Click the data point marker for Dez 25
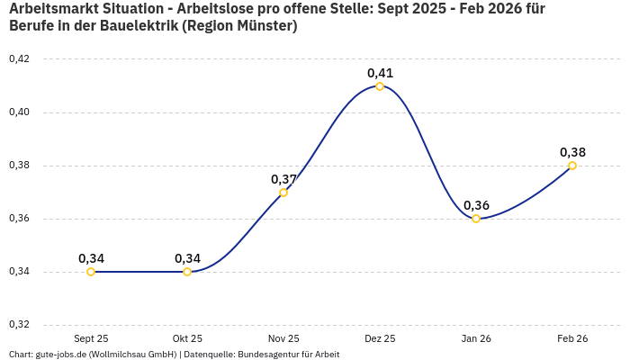(380, 86)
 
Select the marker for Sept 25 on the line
(91, 272)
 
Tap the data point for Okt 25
(187, 272)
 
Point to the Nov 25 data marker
(283, 193)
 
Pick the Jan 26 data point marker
(476, 219)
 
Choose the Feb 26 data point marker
(572, 166)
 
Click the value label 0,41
(380, 73)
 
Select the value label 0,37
(283, 179)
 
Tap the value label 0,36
(476, 205)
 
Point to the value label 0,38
(572, 152)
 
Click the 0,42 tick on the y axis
(19, 59)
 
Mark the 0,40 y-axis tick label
(19, 112)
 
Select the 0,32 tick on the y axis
(19, 325)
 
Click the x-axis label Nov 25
(283, 338)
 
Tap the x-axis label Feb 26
(572, 338)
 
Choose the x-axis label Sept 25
(91, 338)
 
